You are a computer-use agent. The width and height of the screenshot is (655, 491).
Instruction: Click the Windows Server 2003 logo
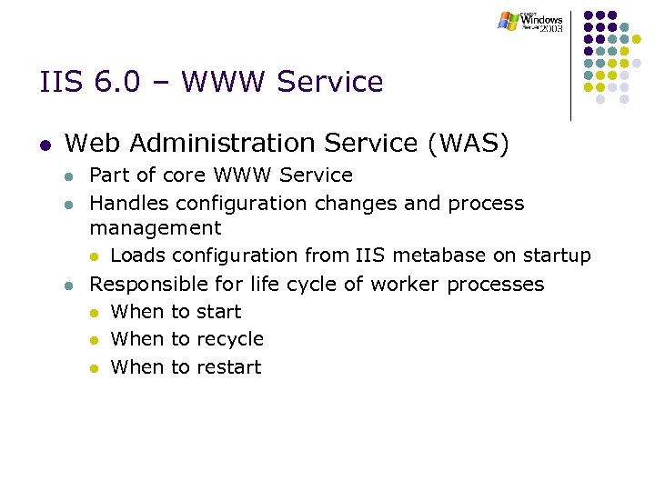click(x=531, y=21)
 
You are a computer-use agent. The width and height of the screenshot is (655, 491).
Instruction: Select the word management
click(x=155, y=227)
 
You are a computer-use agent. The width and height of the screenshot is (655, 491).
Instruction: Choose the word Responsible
click(x=145, y=284)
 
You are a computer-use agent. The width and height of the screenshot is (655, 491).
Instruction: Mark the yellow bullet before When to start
click(x=95, y=313)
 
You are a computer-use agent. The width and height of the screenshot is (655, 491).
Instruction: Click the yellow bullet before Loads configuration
click(x=95, y=256)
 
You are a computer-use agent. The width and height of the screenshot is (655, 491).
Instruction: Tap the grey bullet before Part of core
click(x=67, y=175)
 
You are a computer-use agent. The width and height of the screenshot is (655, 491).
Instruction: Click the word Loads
click(x=136, y=256)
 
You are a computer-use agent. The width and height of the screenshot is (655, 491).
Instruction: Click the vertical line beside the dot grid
click(x=571, y=64)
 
